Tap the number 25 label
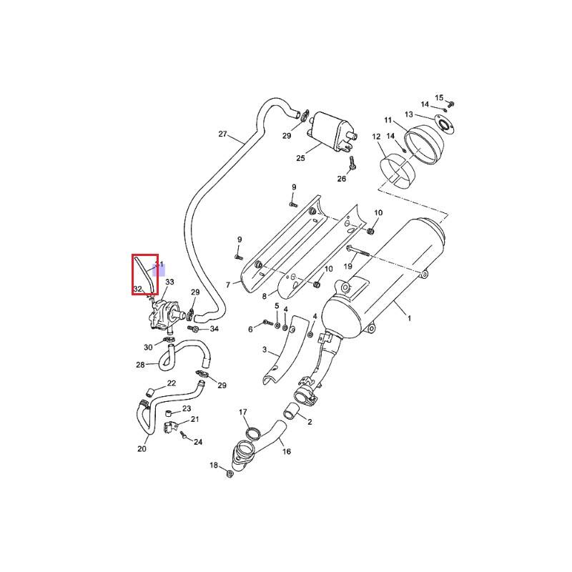(x=300, y=157)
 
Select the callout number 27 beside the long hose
(x=222, y=134)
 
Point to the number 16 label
(x=286, y=451)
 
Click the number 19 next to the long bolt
(x=348, y=266)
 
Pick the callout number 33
(x=169, y=282)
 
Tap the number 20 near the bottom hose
(x=142, y=449)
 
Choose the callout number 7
(x=228, y=285)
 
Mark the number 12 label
(x=376, y=137)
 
